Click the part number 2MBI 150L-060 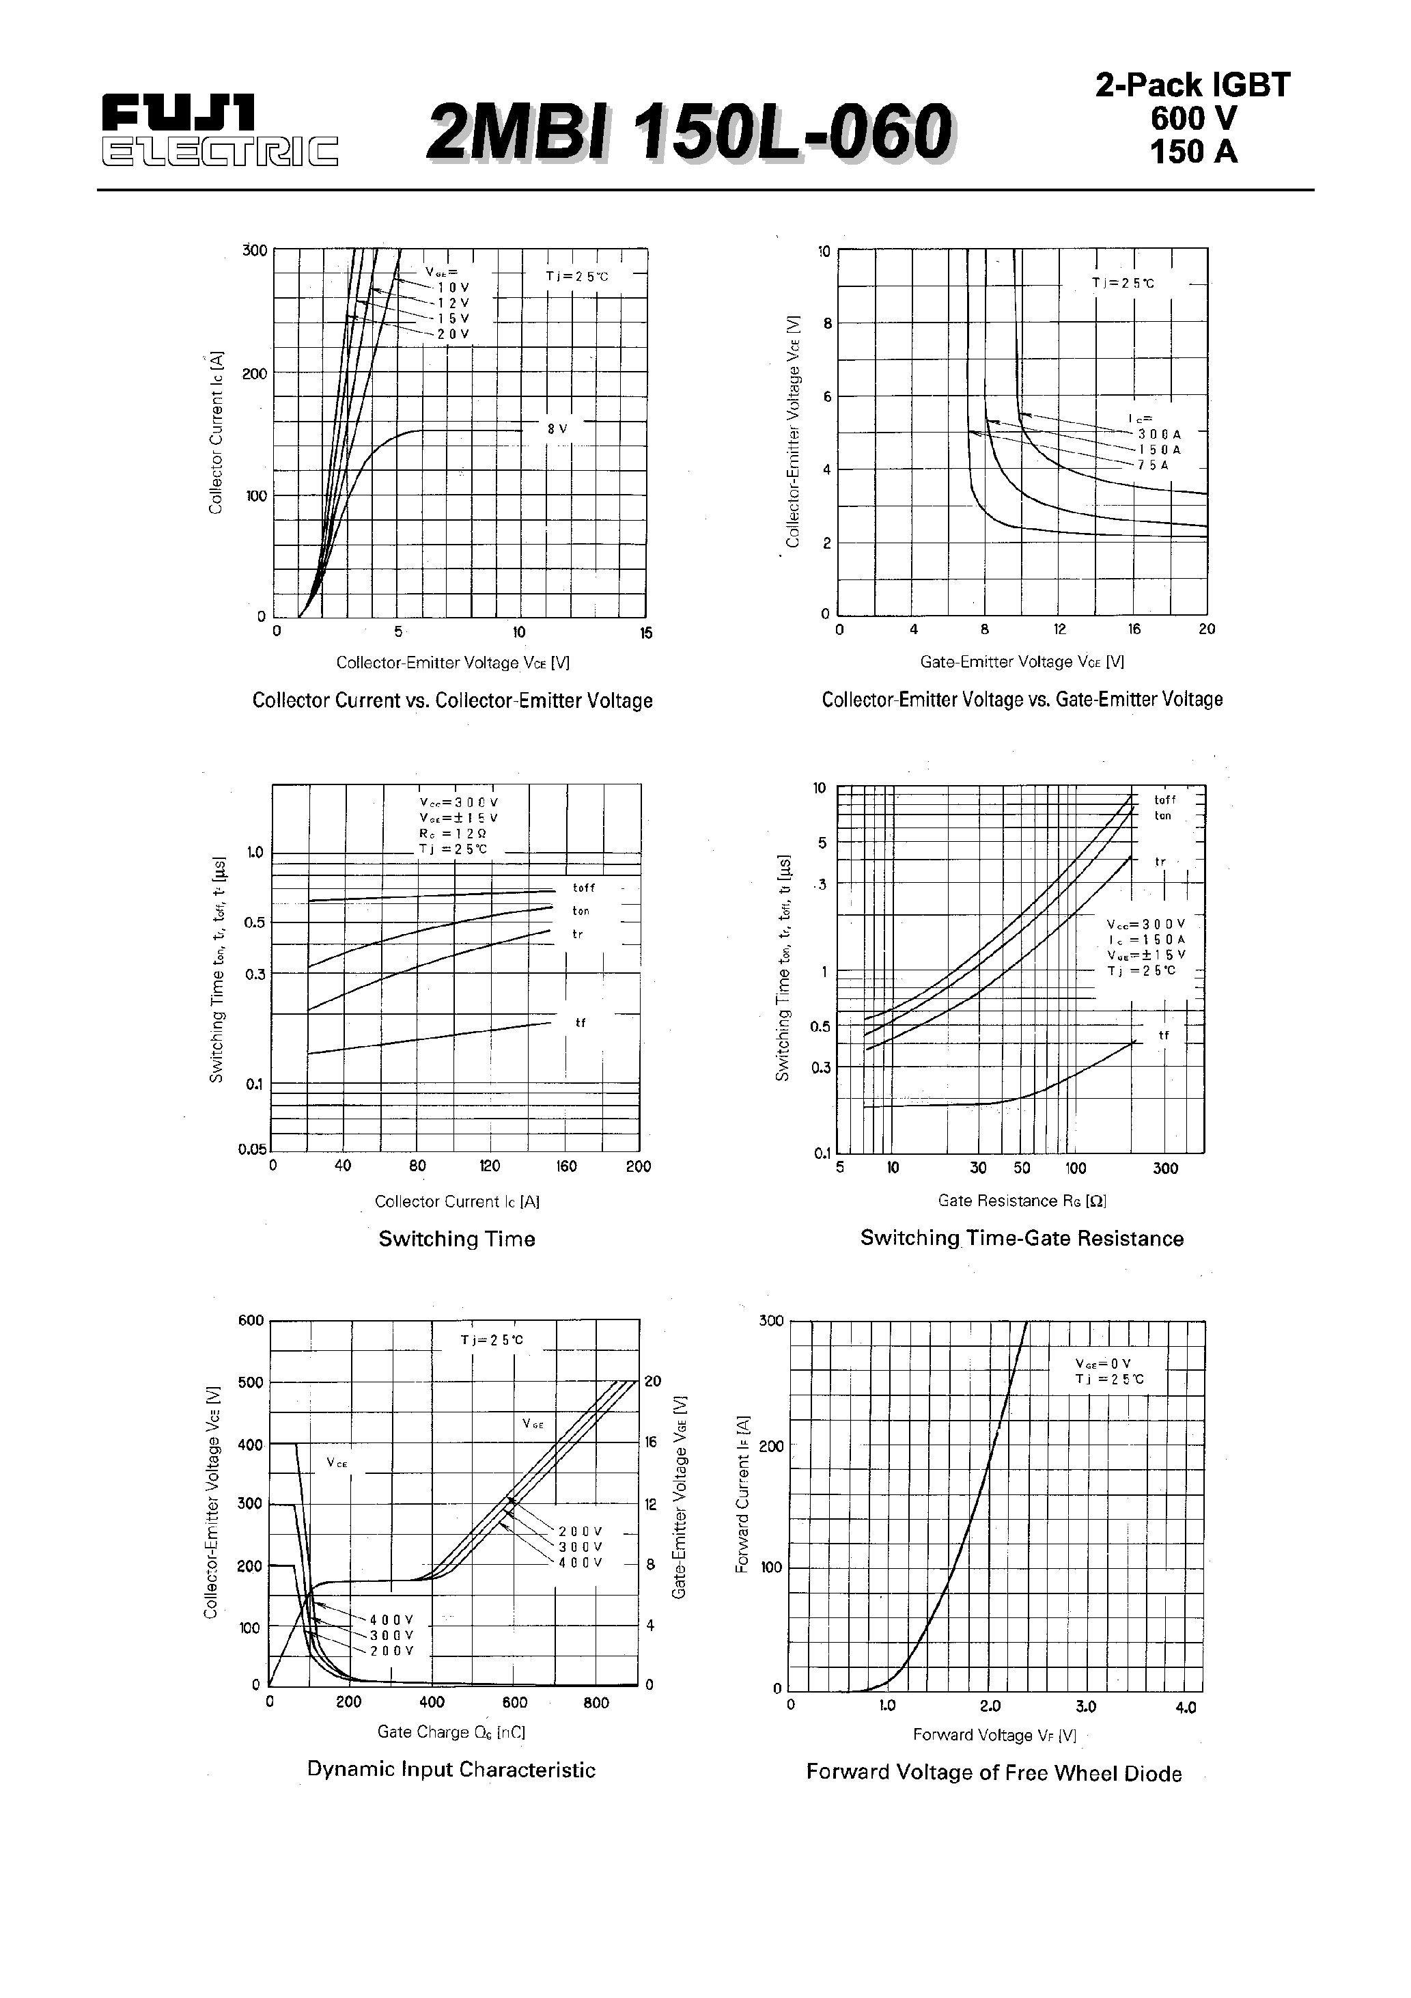click(x=690, y=133)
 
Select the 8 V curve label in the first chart click(x=557, y=429)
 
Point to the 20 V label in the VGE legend click(x=453, y=334)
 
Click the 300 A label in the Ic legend click(x=1159, y=433)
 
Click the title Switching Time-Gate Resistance click(x=1021, y=1238)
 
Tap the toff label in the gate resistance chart click(x=1165, y=799)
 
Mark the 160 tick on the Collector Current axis click(x=566, y=1166)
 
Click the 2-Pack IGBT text click(x=1192, y=85)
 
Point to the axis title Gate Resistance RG click(x=1021, y=1201)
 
